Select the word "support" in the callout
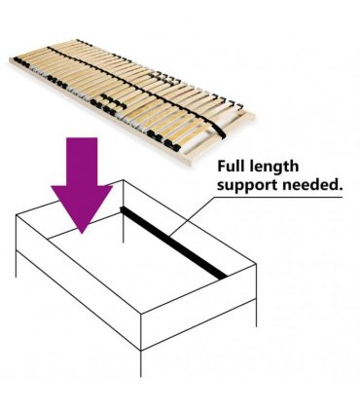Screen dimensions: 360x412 click(x=247, y=186)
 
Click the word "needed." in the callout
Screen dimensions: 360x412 click(x=312, y=184)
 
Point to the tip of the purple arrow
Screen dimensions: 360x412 click(x=82, y=234)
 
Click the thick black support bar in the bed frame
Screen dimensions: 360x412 click(x=174, y=243)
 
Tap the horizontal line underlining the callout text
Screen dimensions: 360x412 click(x=278, y=197)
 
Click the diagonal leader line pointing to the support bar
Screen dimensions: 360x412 click(x=192, y=216)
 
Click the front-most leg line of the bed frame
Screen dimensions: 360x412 click(x=141, y=363)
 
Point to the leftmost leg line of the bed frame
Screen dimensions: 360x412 click(x=16, y=264)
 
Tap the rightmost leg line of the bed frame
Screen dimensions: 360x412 click(x=256, y=313)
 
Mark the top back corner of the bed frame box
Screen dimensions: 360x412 click(x=123, y=180)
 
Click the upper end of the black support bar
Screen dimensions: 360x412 click(x=122, y=208)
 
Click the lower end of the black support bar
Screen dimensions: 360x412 click(x=225, y=277)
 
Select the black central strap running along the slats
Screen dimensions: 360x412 click(x=136, y=89)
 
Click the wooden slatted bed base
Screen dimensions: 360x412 click(x=132, y=100)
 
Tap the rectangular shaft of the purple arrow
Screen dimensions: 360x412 click(x=82, y=162)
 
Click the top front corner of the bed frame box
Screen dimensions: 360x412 click(x=141, y=314)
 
